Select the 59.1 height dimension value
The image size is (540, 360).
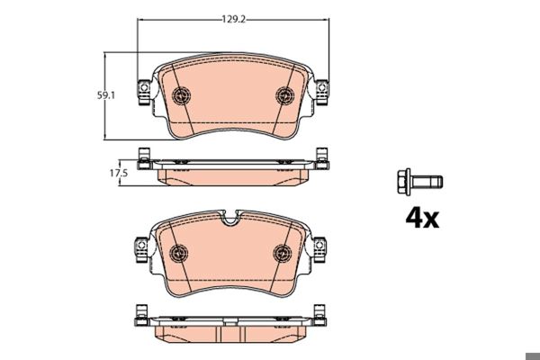point(107,93)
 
